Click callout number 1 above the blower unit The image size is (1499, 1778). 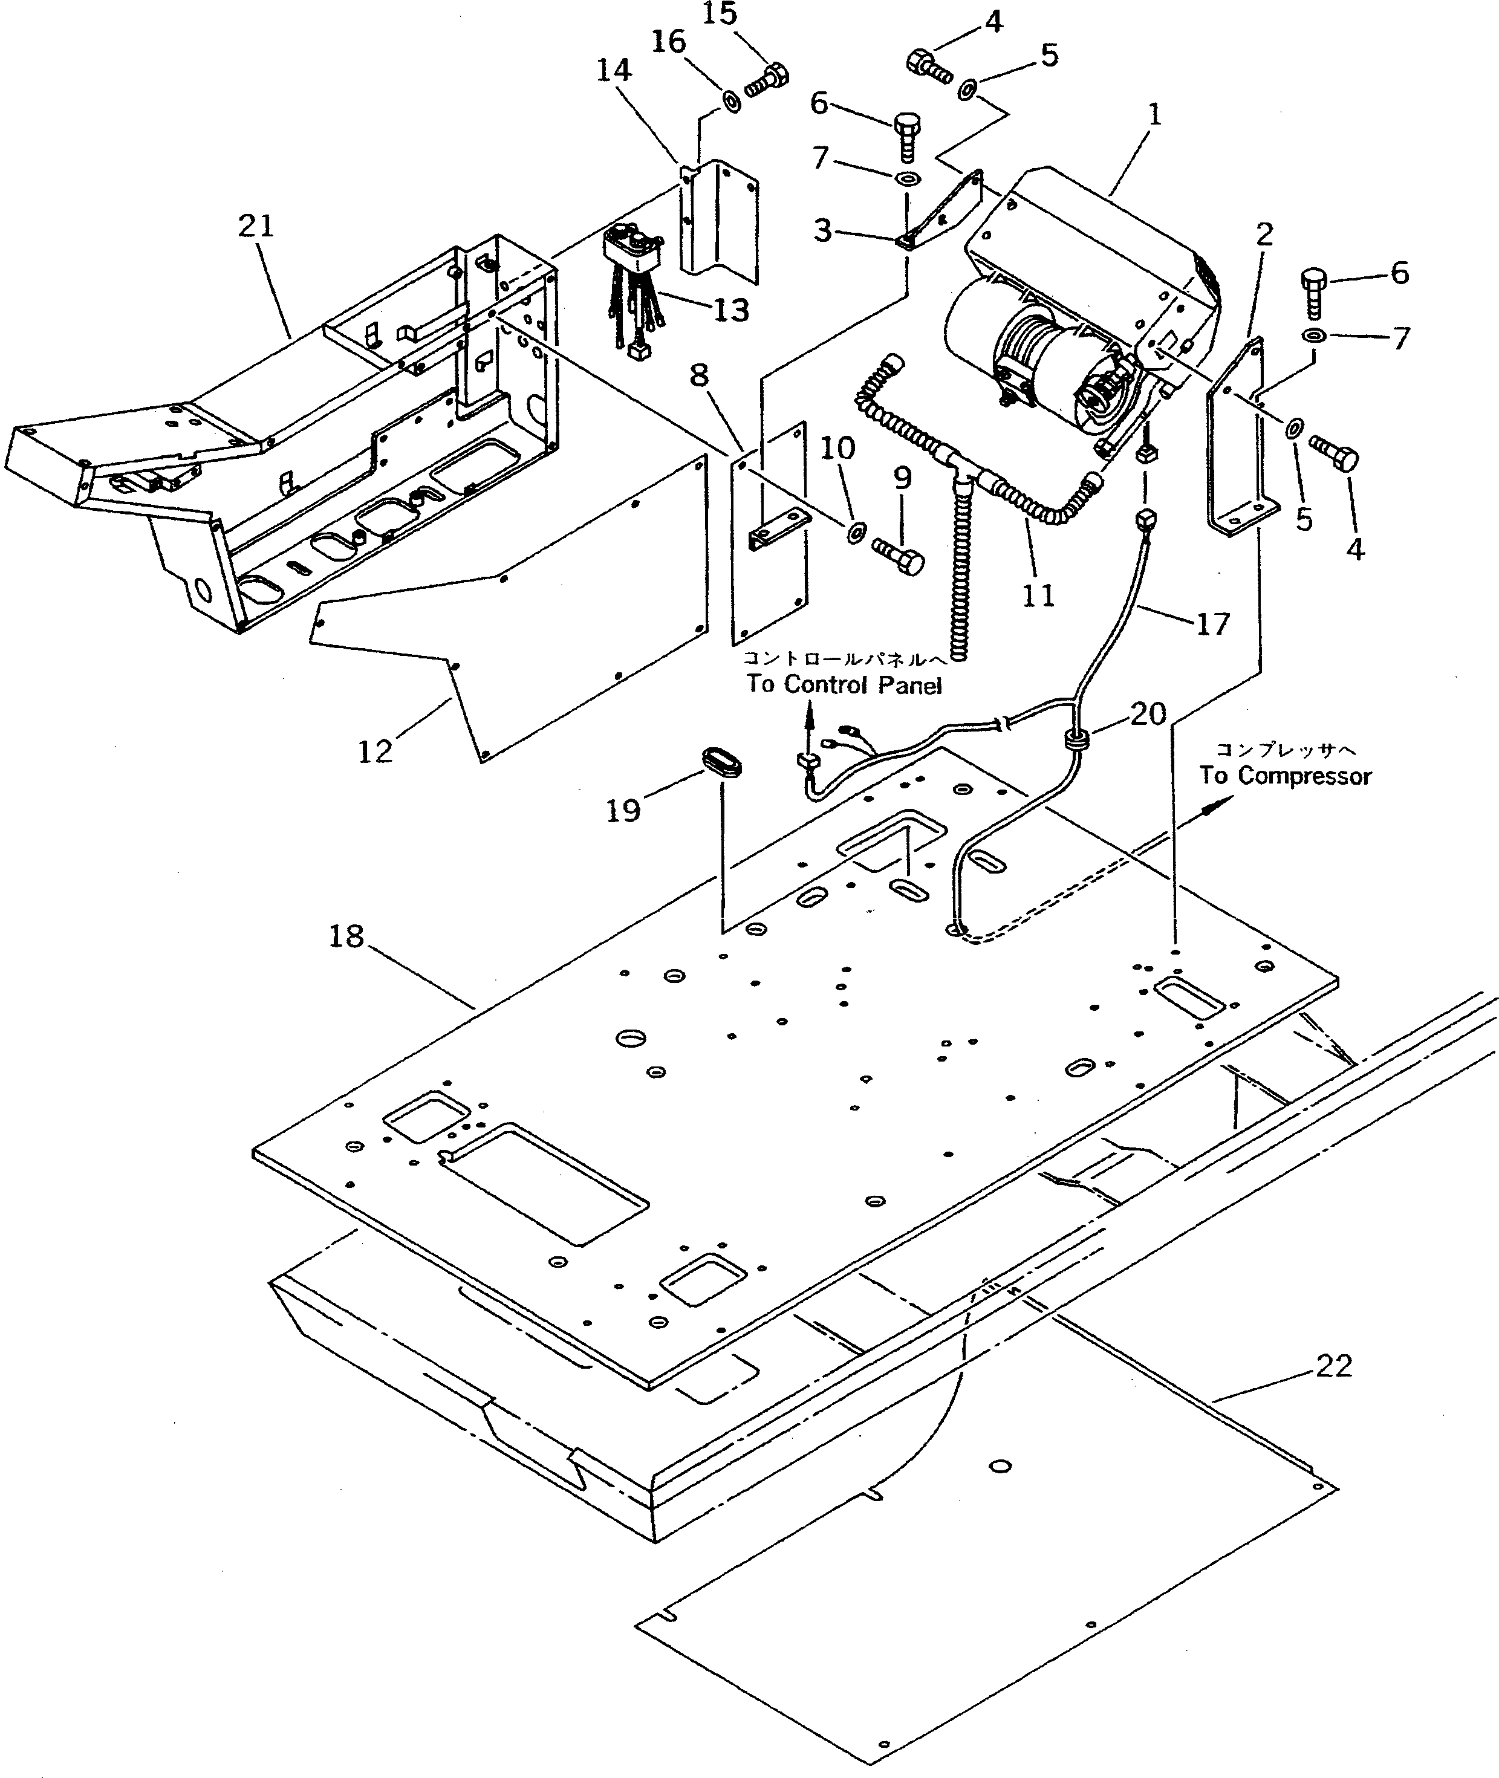(x=1153, y=115)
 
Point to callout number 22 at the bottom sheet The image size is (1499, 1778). (x=1333, y=1366)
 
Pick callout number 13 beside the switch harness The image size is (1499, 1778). (x=731, y=310)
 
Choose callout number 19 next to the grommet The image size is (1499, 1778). (x=623, y=811)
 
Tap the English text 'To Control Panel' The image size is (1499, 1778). (x=844, y=685)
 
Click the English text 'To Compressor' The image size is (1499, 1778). (x=1285, y=776)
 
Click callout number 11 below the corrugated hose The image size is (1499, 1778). (x=1038, y=595)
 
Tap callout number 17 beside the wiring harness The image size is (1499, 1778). (x=1212, y=625)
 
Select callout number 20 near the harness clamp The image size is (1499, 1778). (x=1148, y=713)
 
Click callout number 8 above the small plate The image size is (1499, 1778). (x=700, y=375)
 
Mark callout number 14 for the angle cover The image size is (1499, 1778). (x=614, y=71)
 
